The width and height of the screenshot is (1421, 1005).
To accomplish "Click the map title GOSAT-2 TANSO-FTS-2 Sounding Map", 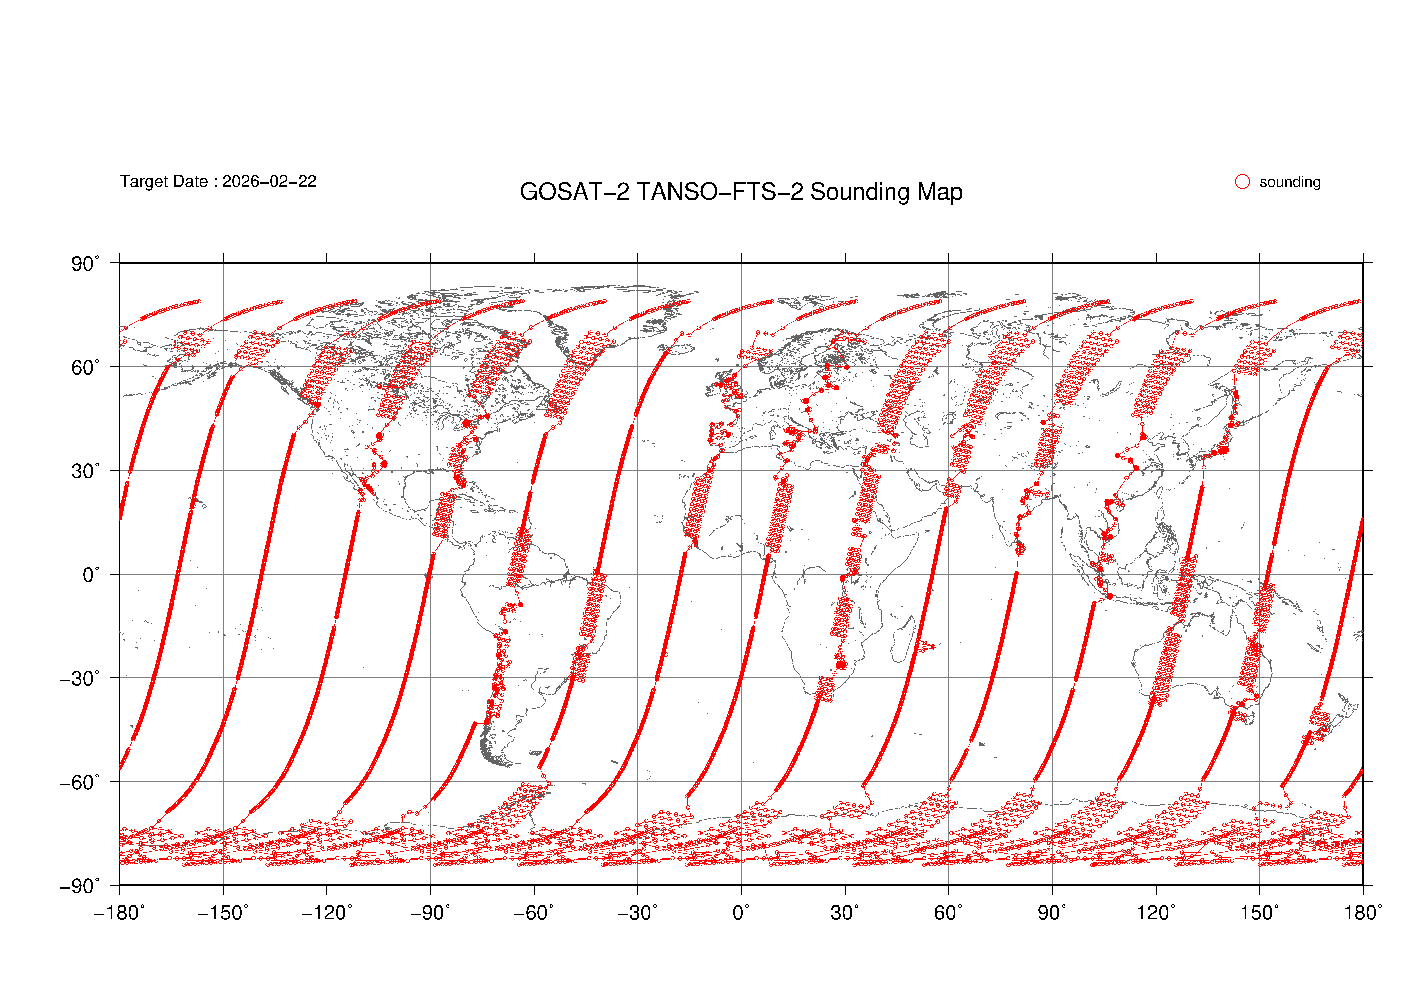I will (x=741, y=192).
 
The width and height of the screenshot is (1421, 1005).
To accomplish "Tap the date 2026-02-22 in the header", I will (x=269, y=181).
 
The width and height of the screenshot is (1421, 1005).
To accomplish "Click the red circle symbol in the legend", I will (x=1242, y=181).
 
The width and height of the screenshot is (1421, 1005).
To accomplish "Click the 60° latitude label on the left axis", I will (x=85, y=368).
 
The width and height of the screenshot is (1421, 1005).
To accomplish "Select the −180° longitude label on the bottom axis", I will (x=119, y=913).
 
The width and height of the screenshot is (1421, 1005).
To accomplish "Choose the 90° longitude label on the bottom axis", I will (x=1052, y=913).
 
